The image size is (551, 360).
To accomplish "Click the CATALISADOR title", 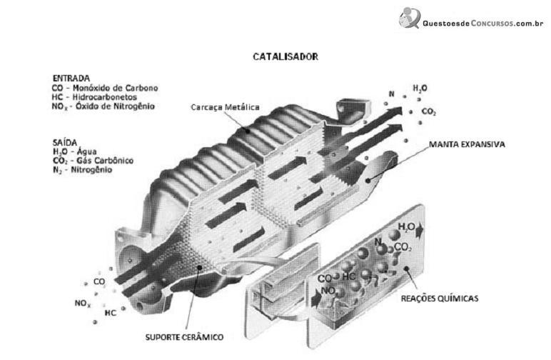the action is (285, 56).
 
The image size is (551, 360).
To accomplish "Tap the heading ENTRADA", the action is (71, 78).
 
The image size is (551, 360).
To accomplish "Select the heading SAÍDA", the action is (65, 142).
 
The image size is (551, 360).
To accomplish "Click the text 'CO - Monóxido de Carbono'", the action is (105, 88).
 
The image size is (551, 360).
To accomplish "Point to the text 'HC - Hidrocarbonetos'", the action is (94, 96).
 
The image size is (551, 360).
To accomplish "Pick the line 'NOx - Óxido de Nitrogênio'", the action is (103, 106).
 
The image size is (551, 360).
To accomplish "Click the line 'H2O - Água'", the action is (74, 152).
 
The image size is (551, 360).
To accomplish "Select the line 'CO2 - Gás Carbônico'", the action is (93, 161).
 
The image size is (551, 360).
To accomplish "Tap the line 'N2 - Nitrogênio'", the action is (82, 170).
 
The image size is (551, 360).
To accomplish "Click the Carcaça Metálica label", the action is (225, 107).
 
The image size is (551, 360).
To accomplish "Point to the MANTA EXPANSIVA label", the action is (467, 144).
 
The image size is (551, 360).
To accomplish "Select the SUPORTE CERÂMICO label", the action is (184, 337).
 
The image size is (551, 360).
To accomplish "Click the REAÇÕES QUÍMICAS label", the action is (440, 299).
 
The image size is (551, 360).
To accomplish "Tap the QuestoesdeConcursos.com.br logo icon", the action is (410, 18).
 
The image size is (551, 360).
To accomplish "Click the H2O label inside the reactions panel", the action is (406, 226).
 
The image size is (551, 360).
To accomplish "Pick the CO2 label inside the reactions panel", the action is (403, 247).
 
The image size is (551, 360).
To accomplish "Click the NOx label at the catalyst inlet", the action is (83, 303).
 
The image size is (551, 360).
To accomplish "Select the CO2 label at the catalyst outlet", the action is (429, 112).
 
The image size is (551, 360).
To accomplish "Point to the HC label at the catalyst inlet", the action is (111, 313).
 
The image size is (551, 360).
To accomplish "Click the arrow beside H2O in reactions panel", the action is (420, 231).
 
